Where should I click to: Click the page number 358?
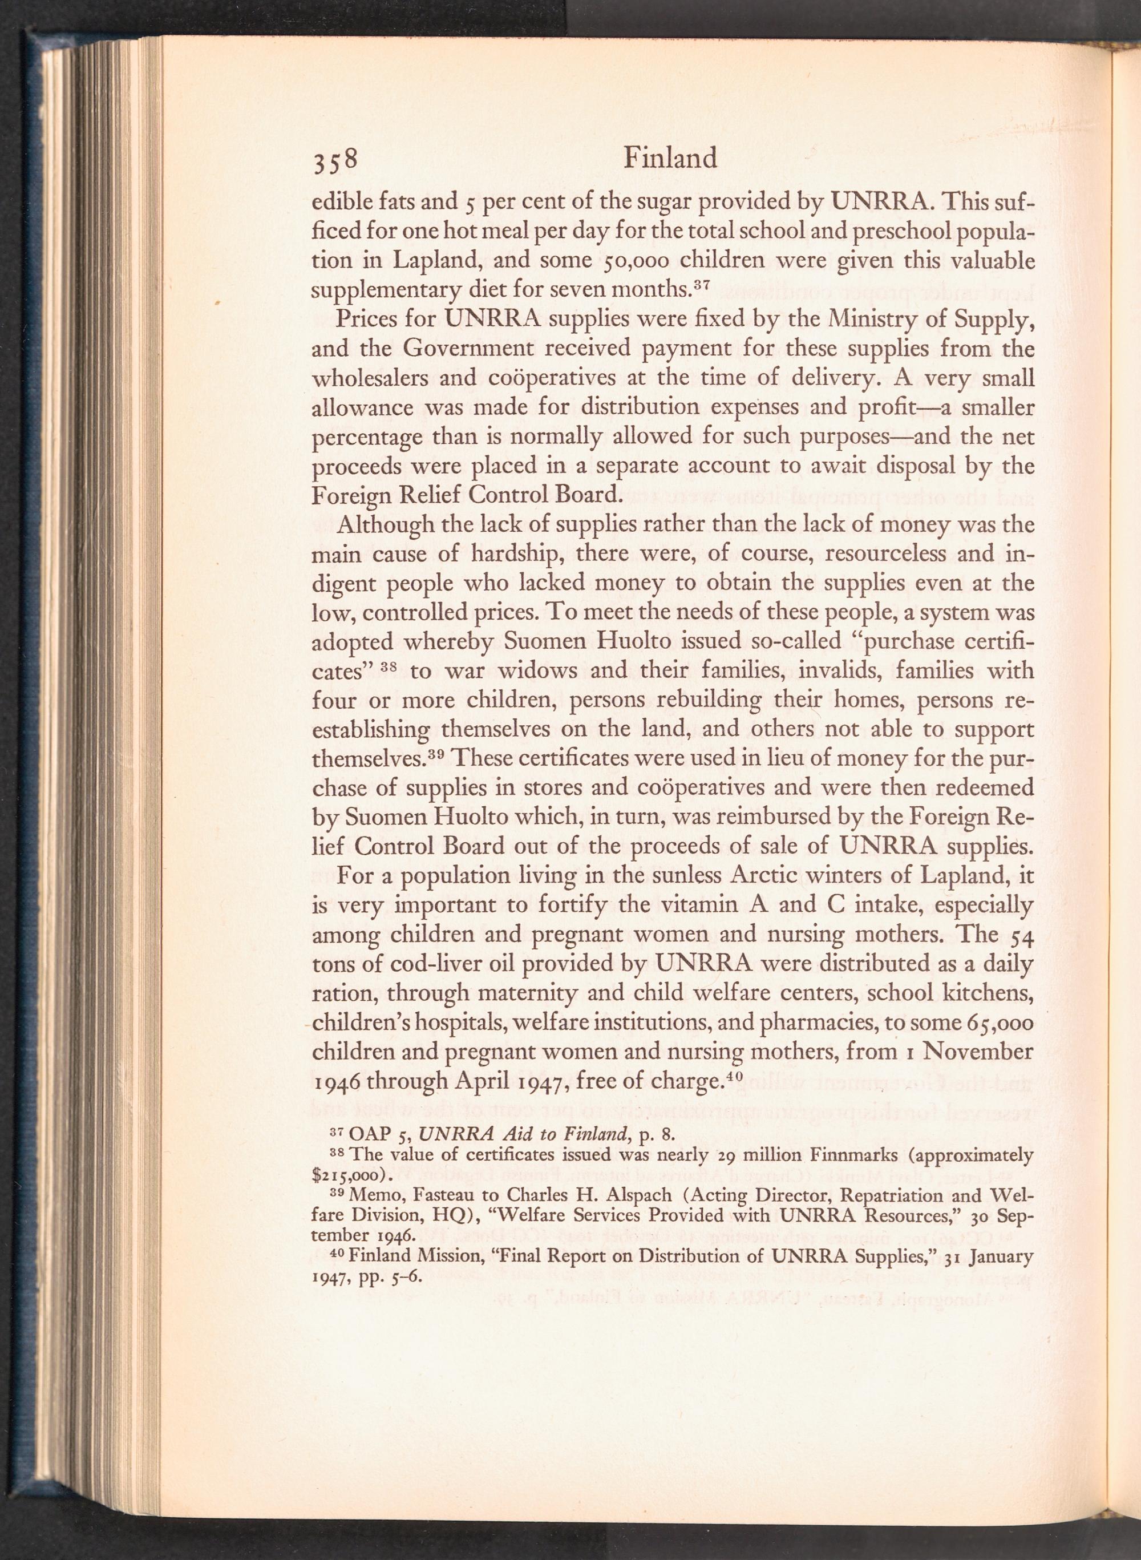[x=335, y=161]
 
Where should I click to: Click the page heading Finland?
[x=670, y=159]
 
